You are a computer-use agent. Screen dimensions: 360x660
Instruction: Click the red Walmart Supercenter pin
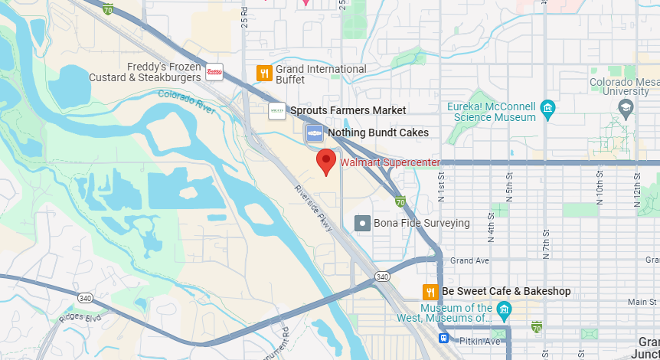[327, 162]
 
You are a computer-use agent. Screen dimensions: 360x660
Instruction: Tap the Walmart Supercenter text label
[390, 162]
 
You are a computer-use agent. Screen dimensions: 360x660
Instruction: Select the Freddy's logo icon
[214, 72]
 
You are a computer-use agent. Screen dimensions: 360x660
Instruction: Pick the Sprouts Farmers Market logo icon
[276, 111]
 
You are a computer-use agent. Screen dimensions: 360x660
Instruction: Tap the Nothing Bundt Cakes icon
[314, 133]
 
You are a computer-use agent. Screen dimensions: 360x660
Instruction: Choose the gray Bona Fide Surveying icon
[363, 224]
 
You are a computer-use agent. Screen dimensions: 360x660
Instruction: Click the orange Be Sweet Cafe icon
[430, 292]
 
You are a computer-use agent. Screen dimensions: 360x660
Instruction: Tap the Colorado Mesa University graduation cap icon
[626, 107]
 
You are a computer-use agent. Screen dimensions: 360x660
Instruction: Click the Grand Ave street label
[469, 261]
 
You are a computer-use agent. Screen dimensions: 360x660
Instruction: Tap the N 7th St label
[546, 243]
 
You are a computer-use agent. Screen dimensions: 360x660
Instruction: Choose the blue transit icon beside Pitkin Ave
[443, 338]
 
